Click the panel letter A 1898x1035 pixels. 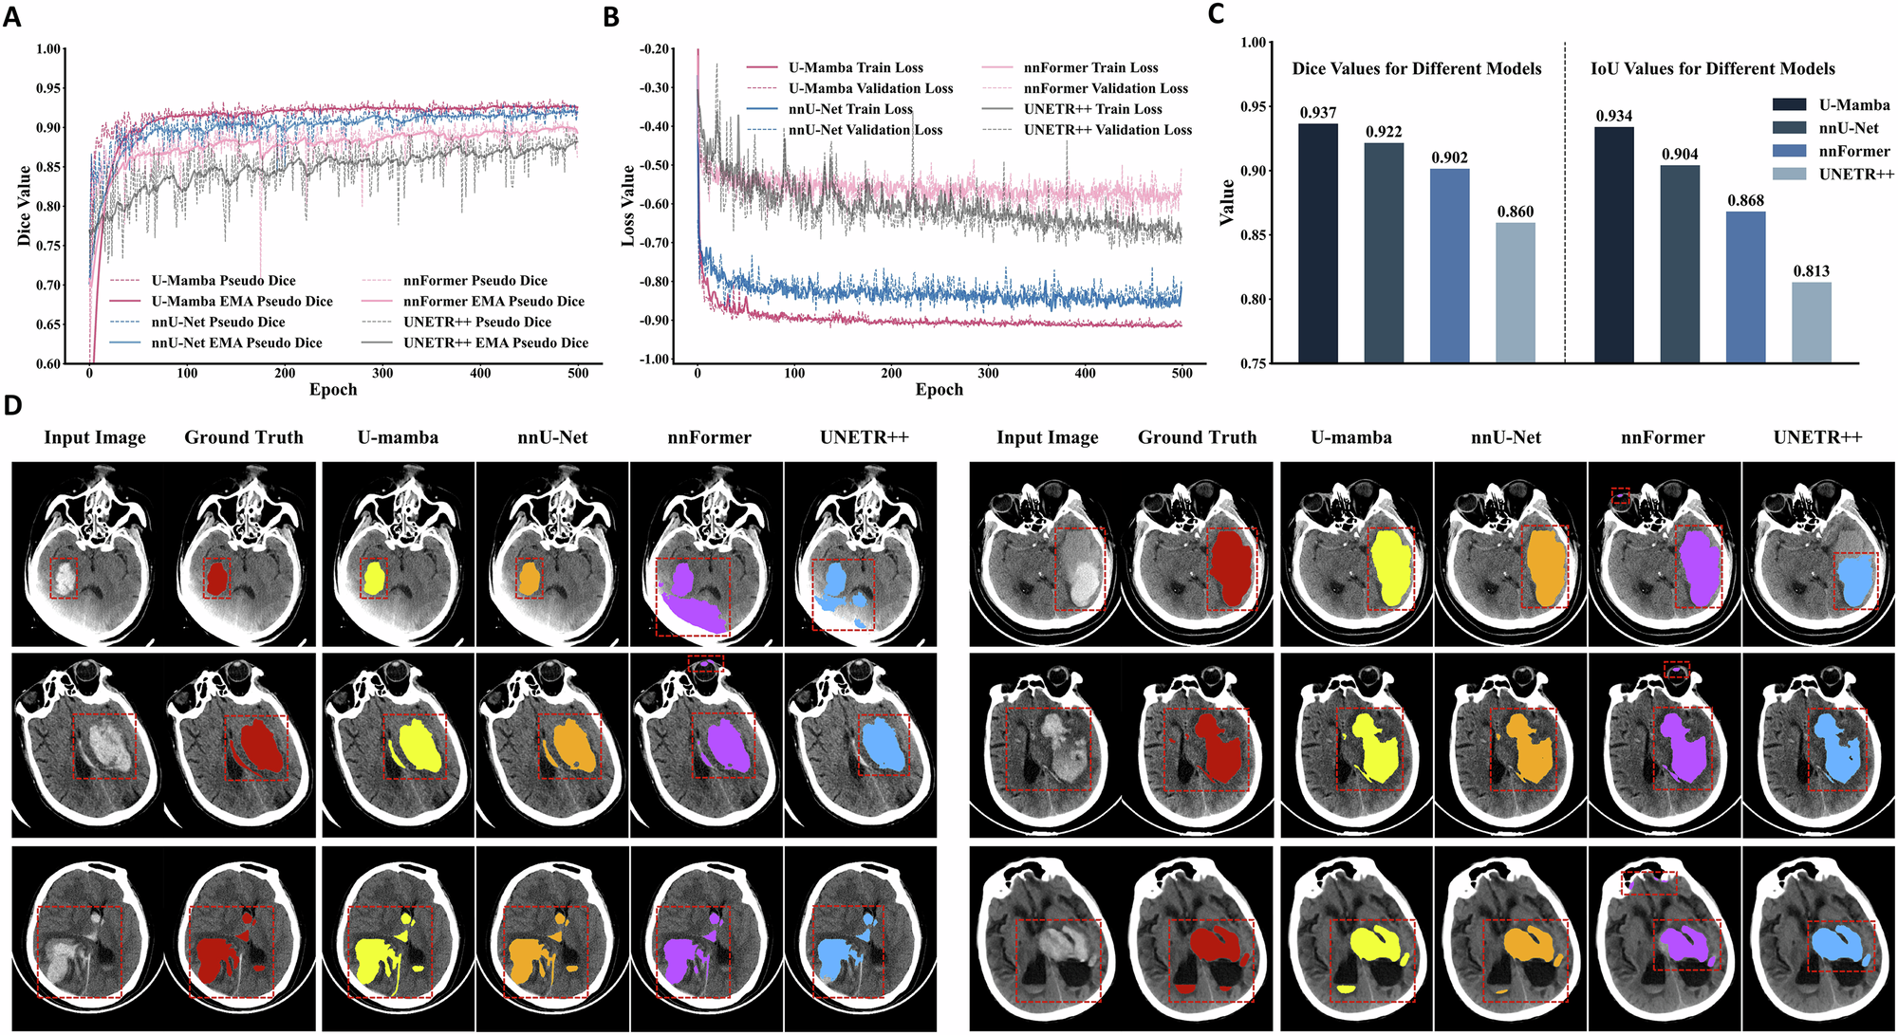click(x=11, y=16)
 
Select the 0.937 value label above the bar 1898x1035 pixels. click(x=1318, y=113)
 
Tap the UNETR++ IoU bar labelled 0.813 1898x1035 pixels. click(x=1811, y=323)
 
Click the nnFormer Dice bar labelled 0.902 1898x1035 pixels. click(x=1449, y=266)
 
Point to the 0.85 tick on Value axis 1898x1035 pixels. click(x=1253, y=235)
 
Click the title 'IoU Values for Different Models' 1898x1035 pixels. click(x=1712, y=68)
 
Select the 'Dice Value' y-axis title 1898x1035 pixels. click(x=25, y=206)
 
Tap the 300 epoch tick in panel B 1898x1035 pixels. click(x=989, y=373)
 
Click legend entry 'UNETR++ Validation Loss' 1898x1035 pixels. click(x=1107, y=130)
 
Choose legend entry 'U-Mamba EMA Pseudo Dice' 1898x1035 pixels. click(x=241, y=302)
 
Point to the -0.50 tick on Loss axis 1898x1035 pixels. click(x=653, y=165)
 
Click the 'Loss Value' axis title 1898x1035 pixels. click(x=628, y=206)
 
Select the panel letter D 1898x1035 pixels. click(x=12, y=405)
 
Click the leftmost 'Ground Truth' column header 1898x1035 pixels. click(x=244, y=437)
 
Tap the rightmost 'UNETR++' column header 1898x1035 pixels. click(x=1817, y=437)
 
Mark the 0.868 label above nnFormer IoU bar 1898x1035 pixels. click(x=1745, y=200)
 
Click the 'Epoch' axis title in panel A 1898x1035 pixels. click(x=333, y=390)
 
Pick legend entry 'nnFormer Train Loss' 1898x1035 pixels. click(x=1090, y=67)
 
